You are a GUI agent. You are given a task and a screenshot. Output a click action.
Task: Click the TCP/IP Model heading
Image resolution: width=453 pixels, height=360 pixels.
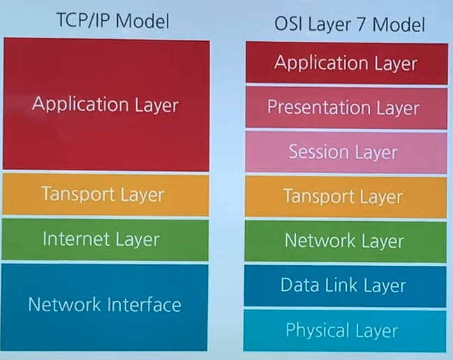tap(112, 21)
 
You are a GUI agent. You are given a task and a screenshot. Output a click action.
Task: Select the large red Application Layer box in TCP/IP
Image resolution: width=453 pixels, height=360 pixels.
tap(105, 105)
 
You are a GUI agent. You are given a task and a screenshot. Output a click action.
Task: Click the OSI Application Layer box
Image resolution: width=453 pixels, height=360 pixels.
tap(346, 63)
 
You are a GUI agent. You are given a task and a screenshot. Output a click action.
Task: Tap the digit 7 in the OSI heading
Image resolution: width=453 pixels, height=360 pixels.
tap(363, 25)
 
